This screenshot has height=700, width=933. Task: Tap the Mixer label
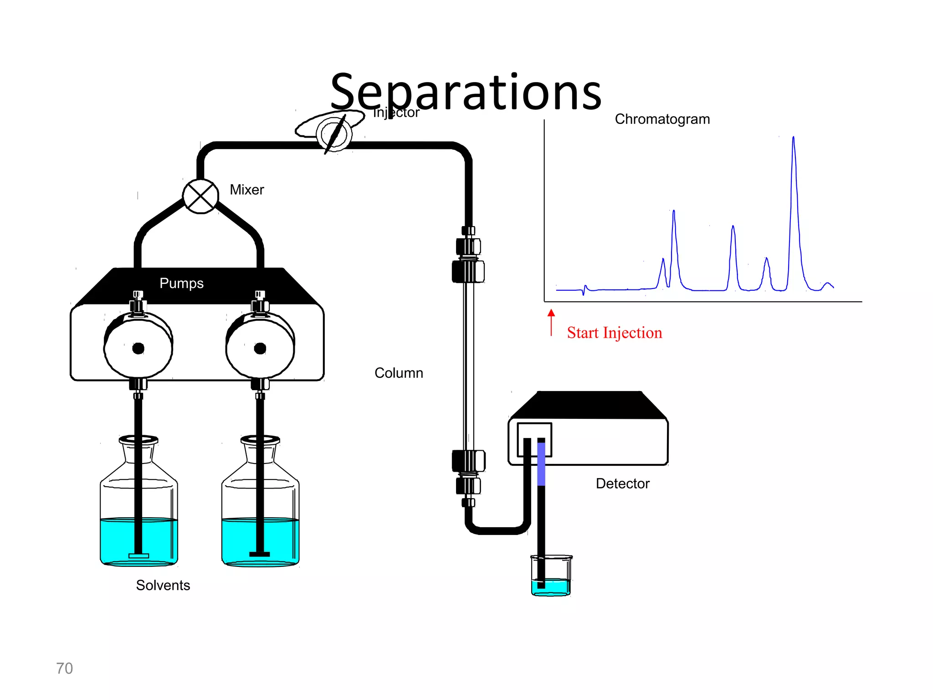(246, 190)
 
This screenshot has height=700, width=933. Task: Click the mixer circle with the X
(200, 196)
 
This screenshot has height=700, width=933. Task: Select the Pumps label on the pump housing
(181, 283)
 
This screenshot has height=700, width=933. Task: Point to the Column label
(399, 373)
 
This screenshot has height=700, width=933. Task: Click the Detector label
(622, 484)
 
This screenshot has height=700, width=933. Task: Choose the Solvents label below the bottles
(163, 585)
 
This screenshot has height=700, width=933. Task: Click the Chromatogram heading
(662, 119)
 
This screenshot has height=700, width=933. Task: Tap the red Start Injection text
(614, 333)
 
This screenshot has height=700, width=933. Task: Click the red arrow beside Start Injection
(551, 322)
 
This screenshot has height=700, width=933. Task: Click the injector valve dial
(334, 134)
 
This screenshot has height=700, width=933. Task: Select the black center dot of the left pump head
(138, 349)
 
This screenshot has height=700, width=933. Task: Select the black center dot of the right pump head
(260, 349)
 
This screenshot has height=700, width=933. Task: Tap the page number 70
(64, 668)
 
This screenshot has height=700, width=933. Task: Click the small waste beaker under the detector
(551, 576)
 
